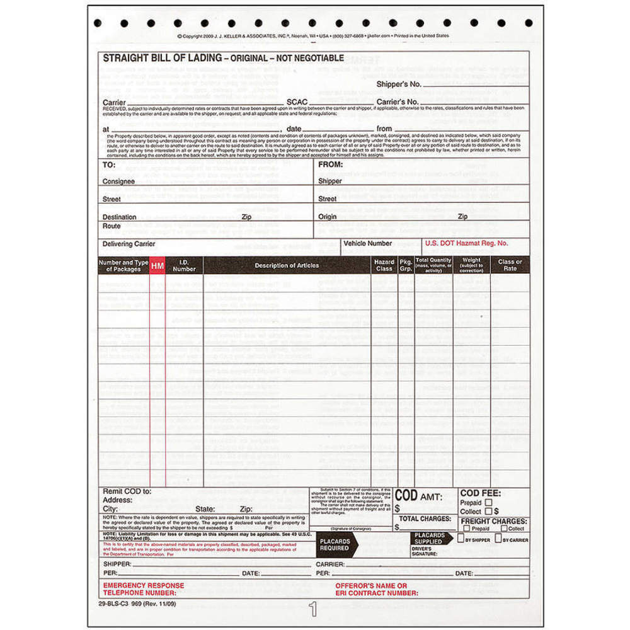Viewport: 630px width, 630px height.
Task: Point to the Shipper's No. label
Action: pos(398,84)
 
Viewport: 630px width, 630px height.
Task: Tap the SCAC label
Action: pos(297,101)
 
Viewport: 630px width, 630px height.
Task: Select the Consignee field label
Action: pos(118,181)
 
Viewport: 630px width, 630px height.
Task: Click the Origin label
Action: pos(328,216)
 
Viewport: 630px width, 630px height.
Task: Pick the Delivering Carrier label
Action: pos(129,244)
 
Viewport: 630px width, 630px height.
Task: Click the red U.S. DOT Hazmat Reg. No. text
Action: pos(466,243)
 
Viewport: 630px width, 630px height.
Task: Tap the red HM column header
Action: pos(157,266)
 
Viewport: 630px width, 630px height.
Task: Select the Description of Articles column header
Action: pos(287,265)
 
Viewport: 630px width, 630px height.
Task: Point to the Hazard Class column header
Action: pos(384,265)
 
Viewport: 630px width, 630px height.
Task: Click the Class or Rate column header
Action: pos(510,265)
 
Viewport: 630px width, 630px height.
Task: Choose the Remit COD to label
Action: pos(127,491)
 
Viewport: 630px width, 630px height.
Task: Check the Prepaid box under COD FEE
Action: pos(488,503)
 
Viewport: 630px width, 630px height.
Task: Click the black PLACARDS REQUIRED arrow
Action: pos(337,544)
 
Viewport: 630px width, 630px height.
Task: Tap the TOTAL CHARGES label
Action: pos(425,519)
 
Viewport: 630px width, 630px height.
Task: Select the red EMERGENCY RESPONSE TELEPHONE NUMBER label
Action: pos(144,589)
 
